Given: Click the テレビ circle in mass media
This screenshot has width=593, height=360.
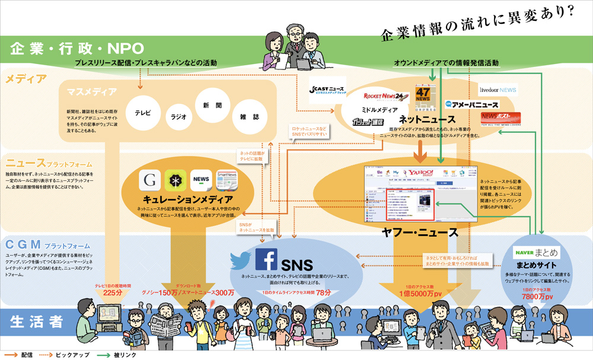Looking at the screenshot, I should pyautogui.click(x=143, y=111).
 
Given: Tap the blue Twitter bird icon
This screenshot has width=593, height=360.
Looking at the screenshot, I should pyautogui.click(x=241, y=260).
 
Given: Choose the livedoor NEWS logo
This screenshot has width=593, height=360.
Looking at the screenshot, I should pyautogui.click(x=498, y=90).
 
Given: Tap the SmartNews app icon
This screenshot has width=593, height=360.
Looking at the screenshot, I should pyautogui.click(x=227, y=180).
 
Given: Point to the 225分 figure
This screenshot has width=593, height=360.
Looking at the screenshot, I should pyautogui.click(x=112, y=292).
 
